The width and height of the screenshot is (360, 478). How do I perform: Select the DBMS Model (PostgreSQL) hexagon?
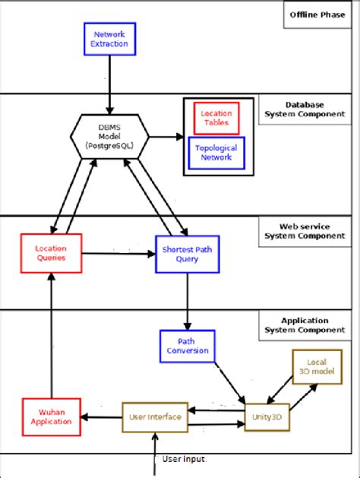(x=111, y=137)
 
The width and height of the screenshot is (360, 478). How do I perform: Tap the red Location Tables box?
(x=216, y=118)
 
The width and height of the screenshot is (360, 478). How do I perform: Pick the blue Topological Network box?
(x=216, y=152)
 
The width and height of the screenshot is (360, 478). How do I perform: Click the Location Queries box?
(x=51, y=253)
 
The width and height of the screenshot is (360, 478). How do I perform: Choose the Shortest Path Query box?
(x=187, y=253)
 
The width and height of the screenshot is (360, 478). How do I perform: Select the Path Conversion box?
(x=186, y=347)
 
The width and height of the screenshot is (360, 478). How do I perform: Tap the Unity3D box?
(x=267, y=416)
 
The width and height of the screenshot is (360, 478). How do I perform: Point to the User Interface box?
(x=154, y=416)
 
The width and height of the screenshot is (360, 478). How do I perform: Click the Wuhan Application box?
(x=51, y=416)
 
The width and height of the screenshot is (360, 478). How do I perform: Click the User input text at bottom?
(x=185, y=459)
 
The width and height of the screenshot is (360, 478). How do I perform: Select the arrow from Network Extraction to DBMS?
(x=111, y=85)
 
